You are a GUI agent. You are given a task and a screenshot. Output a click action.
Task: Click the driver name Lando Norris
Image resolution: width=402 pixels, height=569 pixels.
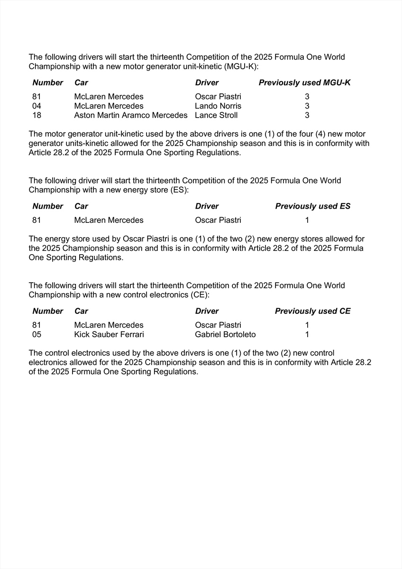(x=218, y=106)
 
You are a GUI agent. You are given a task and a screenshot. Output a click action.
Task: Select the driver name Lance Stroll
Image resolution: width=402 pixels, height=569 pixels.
(x=216, y=115)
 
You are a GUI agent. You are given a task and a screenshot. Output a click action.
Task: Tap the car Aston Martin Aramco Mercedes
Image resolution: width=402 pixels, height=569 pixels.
(x=131, y=115)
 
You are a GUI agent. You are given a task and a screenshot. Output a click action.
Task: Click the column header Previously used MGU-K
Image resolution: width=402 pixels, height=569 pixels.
(x=305, y=83)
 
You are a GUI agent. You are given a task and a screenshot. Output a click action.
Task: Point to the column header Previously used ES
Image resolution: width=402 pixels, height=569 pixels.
(x=313, y=206)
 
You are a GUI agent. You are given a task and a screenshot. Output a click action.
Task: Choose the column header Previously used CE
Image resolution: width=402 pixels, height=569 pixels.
(x=313, y=311)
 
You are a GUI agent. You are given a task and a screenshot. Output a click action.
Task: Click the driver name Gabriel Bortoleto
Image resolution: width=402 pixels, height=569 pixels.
(x=225, y=335)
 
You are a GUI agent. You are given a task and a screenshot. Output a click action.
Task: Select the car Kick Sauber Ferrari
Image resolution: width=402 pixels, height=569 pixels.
(x=109, y=335)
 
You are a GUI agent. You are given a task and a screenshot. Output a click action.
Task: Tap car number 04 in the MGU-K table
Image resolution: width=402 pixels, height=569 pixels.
(x=37, y=106)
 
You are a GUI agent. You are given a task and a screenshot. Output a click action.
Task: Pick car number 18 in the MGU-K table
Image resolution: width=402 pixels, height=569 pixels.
(x=37, y=115)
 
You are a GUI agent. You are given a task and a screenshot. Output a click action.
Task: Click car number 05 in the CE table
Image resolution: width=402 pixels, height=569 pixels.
(x=37, y=335)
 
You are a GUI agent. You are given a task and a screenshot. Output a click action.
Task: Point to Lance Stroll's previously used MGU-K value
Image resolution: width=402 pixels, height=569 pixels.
(x=307, y=115)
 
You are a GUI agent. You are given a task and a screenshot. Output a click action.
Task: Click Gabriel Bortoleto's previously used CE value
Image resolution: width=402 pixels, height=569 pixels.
(x=307, y=335)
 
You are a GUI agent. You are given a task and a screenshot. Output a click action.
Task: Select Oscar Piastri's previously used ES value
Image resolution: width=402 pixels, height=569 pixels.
(x=307, y=220)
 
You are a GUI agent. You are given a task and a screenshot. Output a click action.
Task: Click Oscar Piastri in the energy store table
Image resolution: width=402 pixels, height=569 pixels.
(x=218, y=220)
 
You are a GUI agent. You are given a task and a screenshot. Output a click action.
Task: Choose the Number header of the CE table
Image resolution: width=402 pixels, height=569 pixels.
(x=47, y=311)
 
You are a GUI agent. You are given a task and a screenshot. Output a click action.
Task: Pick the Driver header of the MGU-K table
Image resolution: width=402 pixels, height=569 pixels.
(x=207, y=83)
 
